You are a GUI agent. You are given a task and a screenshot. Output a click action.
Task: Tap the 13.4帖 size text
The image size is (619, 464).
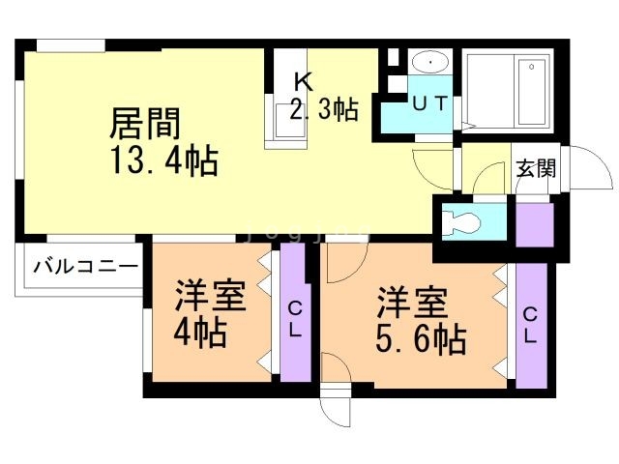coord(163,159)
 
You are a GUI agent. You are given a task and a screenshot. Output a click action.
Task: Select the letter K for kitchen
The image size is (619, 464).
coord(302,82)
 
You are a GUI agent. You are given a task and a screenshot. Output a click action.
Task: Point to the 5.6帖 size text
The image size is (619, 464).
coord(422,338)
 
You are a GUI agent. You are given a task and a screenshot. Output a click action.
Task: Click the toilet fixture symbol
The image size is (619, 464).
coord(462,221)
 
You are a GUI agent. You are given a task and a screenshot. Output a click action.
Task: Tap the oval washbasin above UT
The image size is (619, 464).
coord(427,62)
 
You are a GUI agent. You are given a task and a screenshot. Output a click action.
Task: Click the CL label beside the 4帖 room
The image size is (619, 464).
coord(294,319)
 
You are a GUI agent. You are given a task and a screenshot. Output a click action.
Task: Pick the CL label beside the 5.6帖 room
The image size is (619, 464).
coord(531,326)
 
